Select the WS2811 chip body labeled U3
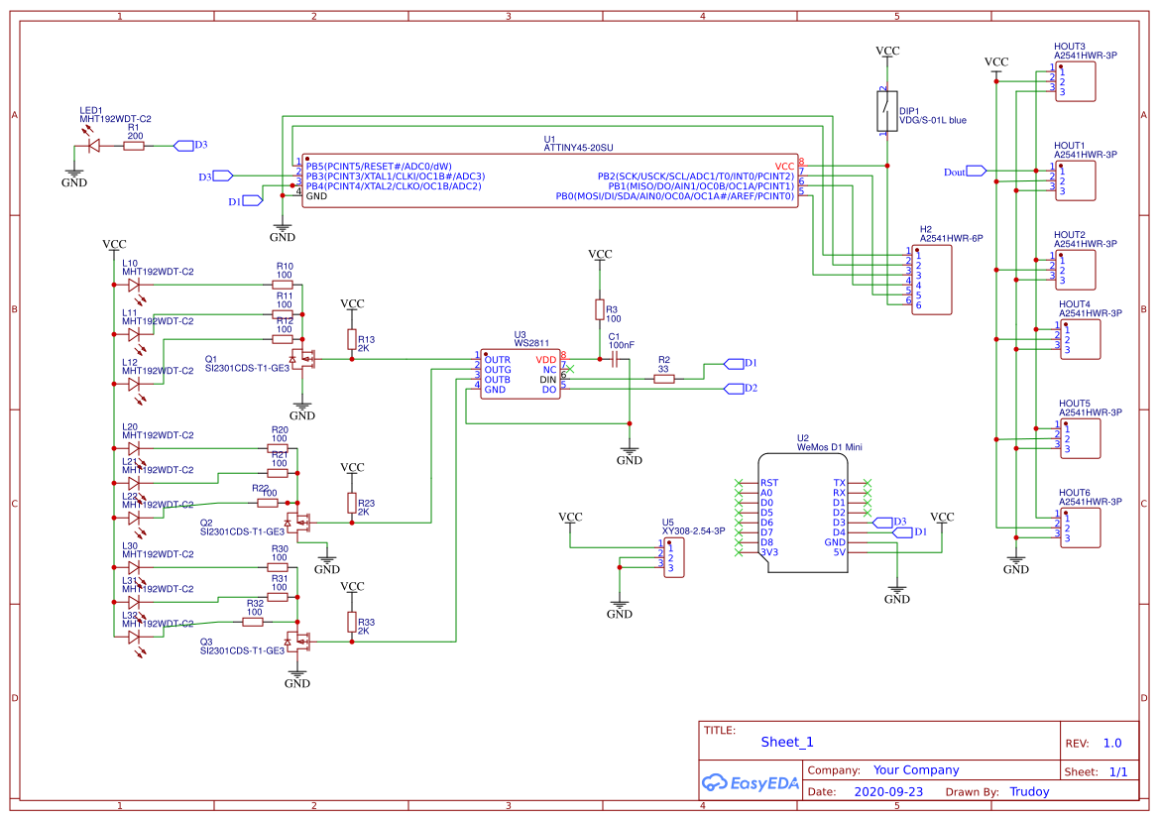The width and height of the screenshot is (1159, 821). [520, 374]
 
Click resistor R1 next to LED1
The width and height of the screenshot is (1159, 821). [134, 146]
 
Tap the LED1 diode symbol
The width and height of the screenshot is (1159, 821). [95, 146]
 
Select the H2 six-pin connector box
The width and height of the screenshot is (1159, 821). [932, 280]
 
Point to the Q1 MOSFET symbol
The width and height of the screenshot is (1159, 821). [303, 360]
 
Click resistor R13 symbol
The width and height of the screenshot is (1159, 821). [350, 340]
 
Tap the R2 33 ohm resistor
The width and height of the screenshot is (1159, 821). [664, 378]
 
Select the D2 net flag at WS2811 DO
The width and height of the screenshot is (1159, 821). [734, 388]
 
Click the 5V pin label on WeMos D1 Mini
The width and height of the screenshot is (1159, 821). [838, 552]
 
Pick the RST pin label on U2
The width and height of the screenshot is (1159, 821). [768, 483]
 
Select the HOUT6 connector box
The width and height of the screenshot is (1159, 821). [1079, 528]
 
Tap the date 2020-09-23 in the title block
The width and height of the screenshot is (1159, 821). [887, 792]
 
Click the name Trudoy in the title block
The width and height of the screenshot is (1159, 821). [1028, 792]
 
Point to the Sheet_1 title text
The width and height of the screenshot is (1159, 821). [787, 742]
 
